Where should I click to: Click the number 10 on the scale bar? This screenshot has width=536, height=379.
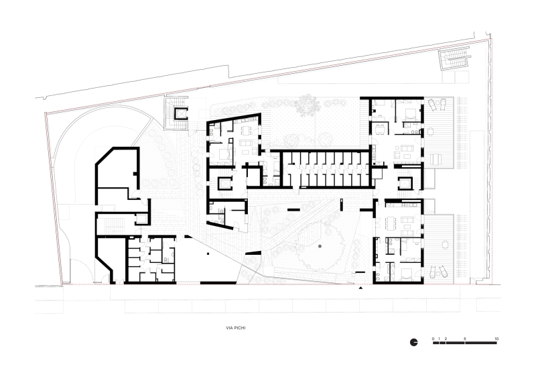pyautogui.click(x=496, y=337)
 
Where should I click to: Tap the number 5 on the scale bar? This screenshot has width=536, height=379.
pyautogui.click(x=464, y=337)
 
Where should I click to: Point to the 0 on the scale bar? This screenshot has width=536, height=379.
pyautogui.click(x=433, y=337)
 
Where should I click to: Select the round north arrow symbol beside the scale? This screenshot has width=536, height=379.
pyautogui.click(x=415, y=343)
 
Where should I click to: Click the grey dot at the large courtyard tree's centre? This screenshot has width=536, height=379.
pyautogui.click(x=320, y=248)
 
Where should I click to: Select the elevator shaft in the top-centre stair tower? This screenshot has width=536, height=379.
pyautogui.click(x=180, y=113)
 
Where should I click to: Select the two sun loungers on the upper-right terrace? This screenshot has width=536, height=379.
pyautogui.click(x=436, y=105)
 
